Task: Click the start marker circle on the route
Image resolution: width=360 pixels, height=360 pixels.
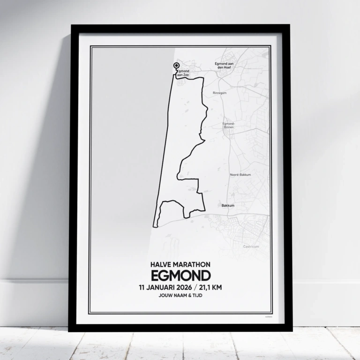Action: pyautogui.click(x=176, y=66)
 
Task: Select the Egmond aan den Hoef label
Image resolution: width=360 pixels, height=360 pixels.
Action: pyautogui.click(x=224, y=65)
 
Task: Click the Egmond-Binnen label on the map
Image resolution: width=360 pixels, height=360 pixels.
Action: pyautogui.click(x=229, y=125)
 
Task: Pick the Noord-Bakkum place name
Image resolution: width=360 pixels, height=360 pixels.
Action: pyautogui.click(x=240, y=175)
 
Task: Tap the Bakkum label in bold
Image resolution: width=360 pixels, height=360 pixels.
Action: pyautogui.click(x=227, y=205)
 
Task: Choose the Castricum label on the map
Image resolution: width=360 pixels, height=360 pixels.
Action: pyautogui.click(x=251, y=247)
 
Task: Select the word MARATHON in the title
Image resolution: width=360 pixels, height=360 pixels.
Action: pyautogui.click(x=194, y=265)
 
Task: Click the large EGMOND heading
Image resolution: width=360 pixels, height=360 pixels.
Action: pyautogui.click(x=180, y=275)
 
